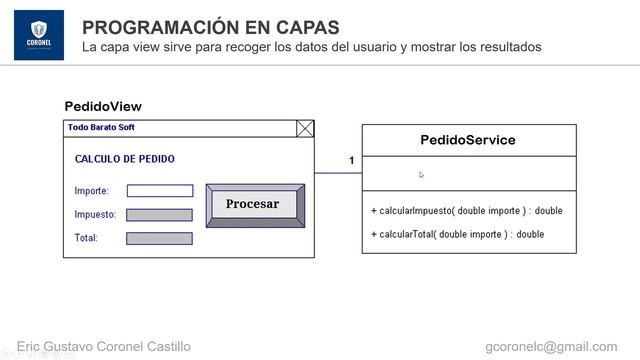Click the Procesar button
(x=254, y=205)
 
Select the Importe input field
(x=160, y=191)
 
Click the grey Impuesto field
(x=160, y=215)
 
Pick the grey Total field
(x=160, y=238)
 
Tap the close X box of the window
(x=305, y=128)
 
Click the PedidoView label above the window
(x=103, y=107)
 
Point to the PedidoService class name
(x=468, y=140)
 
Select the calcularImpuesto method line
(x=467, y=211)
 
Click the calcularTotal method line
(x=458, y=234)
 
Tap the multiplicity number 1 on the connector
(x=351, y=161)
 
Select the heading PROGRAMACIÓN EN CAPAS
(x=210, y=27)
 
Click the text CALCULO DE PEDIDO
(x=124, y=159)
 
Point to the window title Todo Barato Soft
(x=101, y=128)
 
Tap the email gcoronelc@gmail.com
(x=551, y=347)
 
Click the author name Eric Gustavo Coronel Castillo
(x=104, y=347)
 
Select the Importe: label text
(x=92, y=191)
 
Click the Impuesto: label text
(x=95, y=215)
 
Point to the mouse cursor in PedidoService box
(x=421, y=174)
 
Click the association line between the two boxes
(x=338, y=173)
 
